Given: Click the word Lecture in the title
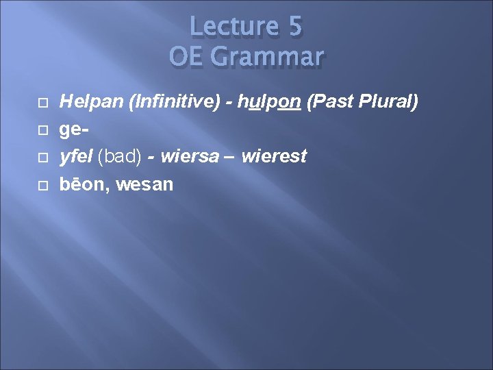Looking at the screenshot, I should point(231,27).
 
